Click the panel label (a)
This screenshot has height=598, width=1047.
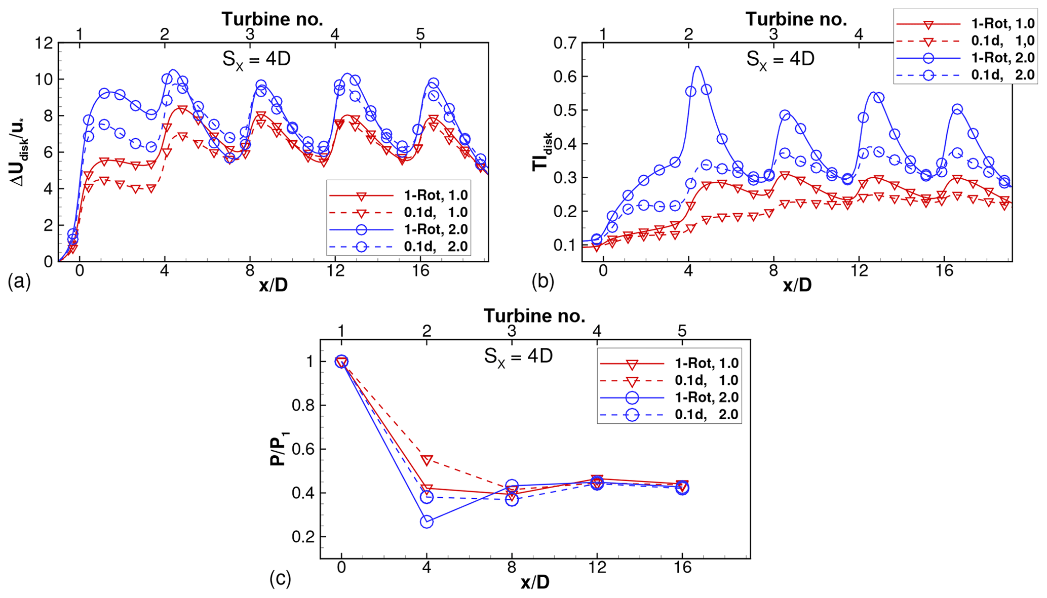point(19,282)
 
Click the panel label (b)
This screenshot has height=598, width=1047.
point(543,282)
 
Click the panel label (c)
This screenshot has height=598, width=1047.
point(281,578)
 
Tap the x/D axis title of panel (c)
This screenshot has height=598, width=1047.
point(535,583)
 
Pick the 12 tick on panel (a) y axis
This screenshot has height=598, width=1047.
point(44,43)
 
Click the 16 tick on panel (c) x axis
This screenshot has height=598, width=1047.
point(682,568)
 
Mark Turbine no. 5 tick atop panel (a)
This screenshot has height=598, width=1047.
point(420,34)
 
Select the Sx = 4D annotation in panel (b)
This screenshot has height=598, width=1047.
point(780,59)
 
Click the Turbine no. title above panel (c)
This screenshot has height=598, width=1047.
point(534,316)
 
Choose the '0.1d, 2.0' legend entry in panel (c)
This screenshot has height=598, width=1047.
point(707,415)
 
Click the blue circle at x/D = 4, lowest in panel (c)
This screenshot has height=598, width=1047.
point(427,522)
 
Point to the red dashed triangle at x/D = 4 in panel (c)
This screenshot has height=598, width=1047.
point(427,460)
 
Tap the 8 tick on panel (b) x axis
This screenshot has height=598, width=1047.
point(773,270)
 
